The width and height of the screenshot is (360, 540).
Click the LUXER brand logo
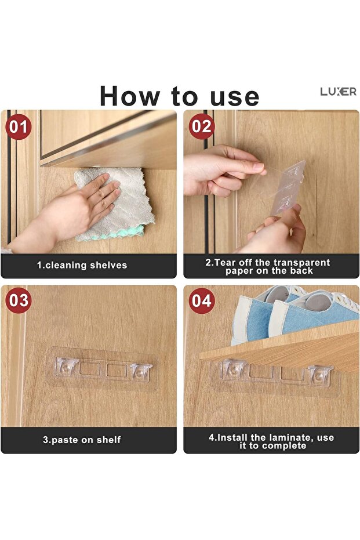tap(338, 92)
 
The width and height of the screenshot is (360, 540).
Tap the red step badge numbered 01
tap(19, 126)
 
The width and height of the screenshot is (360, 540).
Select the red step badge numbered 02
tap(202, 126)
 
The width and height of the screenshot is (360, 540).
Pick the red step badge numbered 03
tap(19, 300)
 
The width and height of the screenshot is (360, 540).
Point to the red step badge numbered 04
tap(202, 300)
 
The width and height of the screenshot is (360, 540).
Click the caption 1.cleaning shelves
tap(82, 266)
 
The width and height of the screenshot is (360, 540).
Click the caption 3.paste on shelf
tap(82, 440)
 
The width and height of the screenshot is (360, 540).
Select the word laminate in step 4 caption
tap(294, 437)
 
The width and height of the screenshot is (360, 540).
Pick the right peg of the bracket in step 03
tap(140, 369)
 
